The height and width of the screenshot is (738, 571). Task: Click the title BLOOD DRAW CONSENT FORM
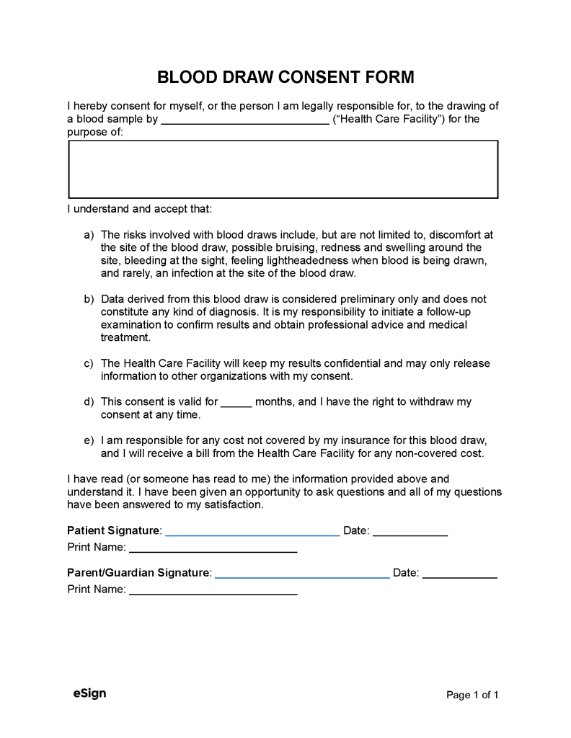pyautogui.click(x=285, y=77)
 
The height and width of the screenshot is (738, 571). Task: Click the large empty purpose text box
pyautogui.click(x=283, y=169)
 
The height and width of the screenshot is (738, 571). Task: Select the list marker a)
pyautogui.click(x=89, y=235)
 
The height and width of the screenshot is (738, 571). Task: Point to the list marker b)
pyautogui.click(x=89, y=299)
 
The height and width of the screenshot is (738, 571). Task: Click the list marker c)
pyautogui.click(x=89, y=363)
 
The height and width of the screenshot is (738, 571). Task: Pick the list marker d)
pyautogui.click(x=89, y=401)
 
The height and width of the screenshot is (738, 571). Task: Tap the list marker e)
pyautogui.click(x=89, y=440)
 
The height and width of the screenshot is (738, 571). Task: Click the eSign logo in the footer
pyautogui.click(x=89, y=693)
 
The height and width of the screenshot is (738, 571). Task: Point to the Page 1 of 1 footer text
pyautogui.click(x=472, y=695)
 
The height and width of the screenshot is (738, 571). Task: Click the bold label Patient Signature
pyautogui.click(x=113, y=530)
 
